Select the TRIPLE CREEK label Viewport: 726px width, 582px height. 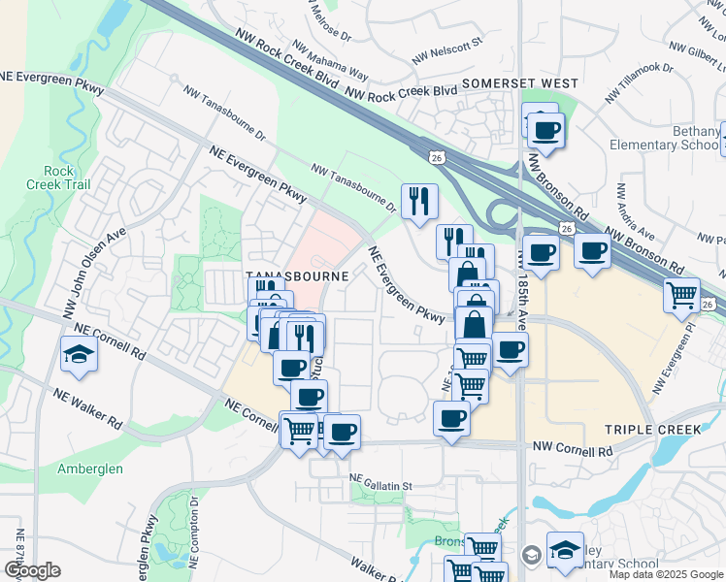pos(651,429)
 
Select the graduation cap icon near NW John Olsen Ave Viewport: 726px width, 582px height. pos(79,355)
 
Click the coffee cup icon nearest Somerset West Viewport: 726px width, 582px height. pos(545,130)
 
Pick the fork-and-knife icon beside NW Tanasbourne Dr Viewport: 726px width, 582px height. pos(419,201)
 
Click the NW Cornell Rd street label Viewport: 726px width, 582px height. pos(573,451)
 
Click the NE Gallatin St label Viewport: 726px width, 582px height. pos(381,483)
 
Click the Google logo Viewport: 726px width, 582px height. pos(32,570)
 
